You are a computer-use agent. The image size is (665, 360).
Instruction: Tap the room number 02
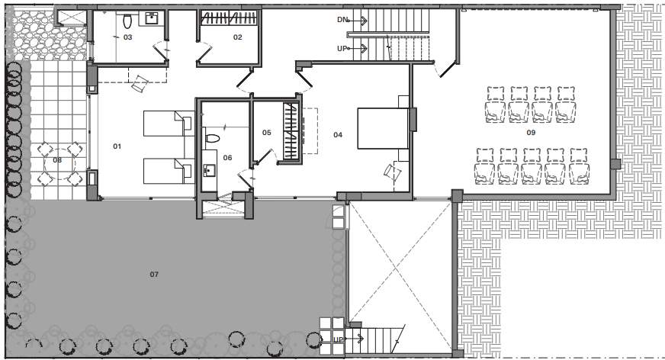(x=237, y=37)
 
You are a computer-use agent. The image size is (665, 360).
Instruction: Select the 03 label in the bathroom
(x=128, y=37)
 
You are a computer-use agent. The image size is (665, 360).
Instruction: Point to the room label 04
(x=338, y=134)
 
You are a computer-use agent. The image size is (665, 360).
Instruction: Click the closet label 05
(x=266, y=133)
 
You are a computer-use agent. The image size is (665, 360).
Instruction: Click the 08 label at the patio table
(x=57, y=160)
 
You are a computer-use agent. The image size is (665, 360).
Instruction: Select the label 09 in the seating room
(x=532, y=133)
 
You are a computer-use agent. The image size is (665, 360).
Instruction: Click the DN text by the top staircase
(x=342, y=19)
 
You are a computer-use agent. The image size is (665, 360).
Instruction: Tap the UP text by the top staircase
(x=342, y=48)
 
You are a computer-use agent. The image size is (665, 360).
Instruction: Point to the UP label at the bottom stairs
(x=338, y=339)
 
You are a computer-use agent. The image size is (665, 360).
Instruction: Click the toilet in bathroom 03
(x=127, y=21)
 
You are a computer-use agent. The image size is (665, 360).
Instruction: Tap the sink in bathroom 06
(x=209, y=170)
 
